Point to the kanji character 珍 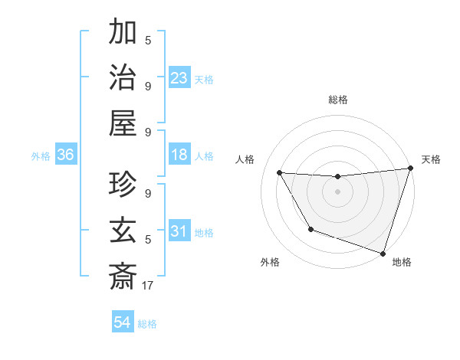(x=123, y=185)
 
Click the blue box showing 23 (x=179, y=77)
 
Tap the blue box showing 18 (x=179, y=155)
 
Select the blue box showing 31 (x=179, y=231)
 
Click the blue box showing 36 (x=66, y=155)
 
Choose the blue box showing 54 (x=122, y=322)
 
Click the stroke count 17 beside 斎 (x=149, y=285)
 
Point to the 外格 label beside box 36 (x=41, y=155)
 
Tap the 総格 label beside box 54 (x=147, y=324)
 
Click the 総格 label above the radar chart (x=337, y=100)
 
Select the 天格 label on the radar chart (x=432, y=159)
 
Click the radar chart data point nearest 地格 (x=382, y=253)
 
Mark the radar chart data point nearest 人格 (x=280, y=173)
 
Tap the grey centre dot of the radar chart (x=337, y=191)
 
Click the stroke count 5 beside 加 (x=148, y=41)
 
